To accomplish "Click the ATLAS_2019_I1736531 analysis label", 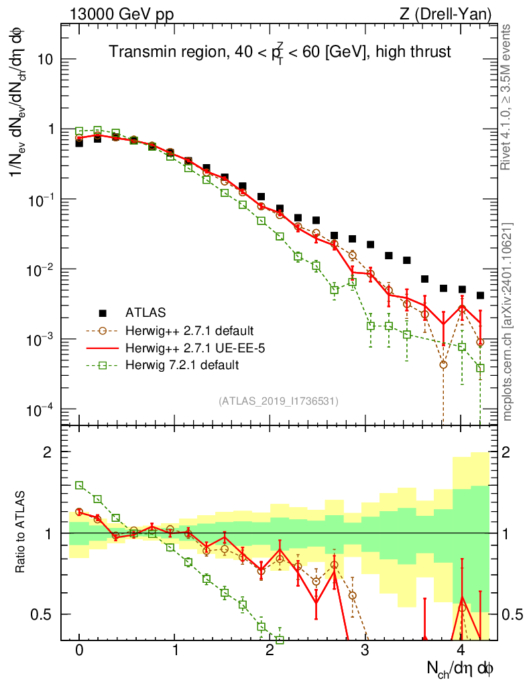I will (x=278, y=401).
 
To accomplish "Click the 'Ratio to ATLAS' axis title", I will (x=21, y=533).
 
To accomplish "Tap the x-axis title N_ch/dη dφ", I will (x=461, y=668).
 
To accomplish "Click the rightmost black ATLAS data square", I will (x=480, y=295).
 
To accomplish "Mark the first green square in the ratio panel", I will (x=79, y=485).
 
